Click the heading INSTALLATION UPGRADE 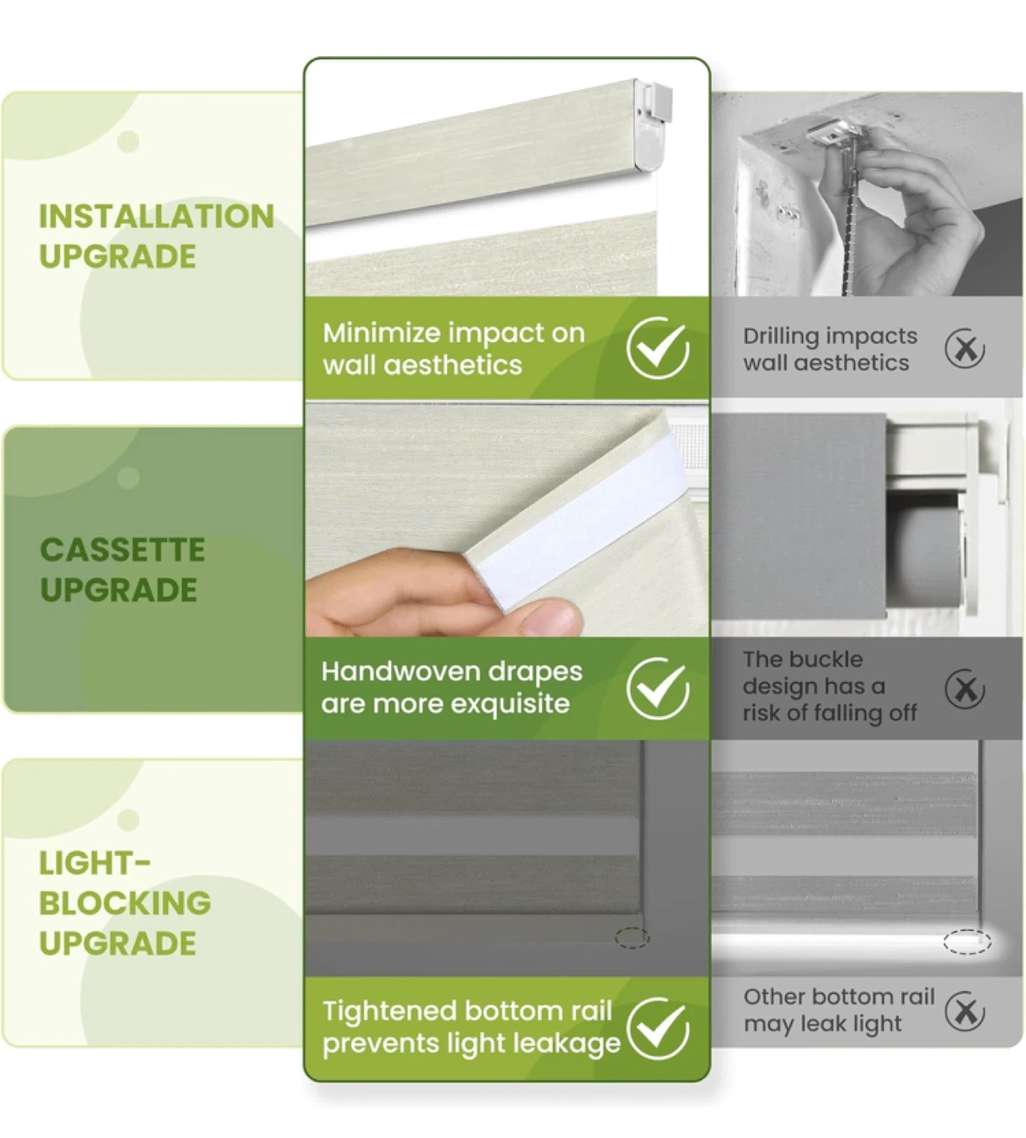click(x=156, y=236)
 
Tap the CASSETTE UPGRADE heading click(x=122, y=570)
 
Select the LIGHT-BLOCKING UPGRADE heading click(x=125, y=904)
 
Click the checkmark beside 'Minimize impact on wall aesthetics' click(x=658, y=347)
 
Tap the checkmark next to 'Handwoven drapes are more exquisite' click(x=658, y=688)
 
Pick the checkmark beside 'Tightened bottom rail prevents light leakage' click(x=658, y=1028)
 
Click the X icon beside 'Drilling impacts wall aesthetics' click(x=964, y=348)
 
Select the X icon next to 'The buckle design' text click(x=964, y=689)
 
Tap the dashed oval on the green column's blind click(x=633, y=938)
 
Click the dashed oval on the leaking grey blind click(x=967, y=942)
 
